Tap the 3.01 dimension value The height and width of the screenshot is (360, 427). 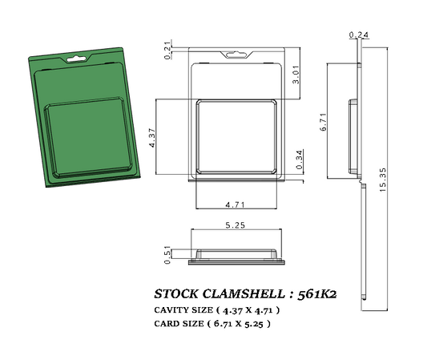pyautogui.click(x=296, y=78)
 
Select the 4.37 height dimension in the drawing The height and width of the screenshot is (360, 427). pyautogui.click(x=152, y=137)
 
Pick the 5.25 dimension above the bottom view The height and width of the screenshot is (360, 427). pyautogui.click(x=236, y=226)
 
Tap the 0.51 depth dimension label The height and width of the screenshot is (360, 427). pyautogui.click(x=167, y=256)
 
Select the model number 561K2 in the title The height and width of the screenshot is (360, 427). pyautogui.click(x=316, y=293)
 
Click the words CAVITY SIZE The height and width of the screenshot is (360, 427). pyautogui.click(x=182, y=309)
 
